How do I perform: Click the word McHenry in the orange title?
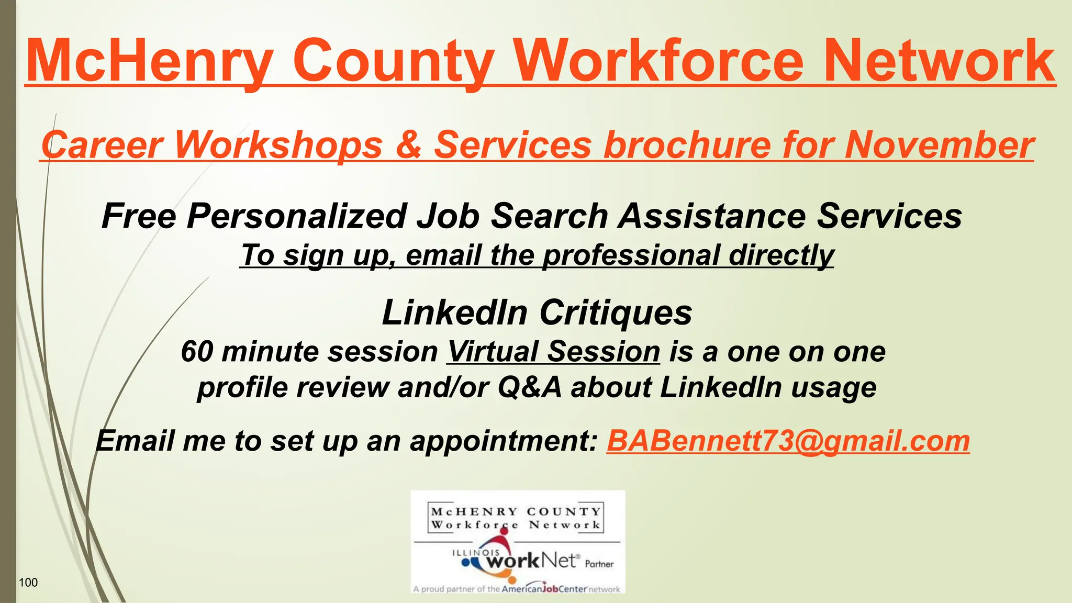(149, 62)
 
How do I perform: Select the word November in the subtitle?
(940, 145)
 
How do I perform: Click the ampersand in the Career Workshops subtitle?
(408, 145)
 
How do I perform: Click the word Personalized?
(297, 216)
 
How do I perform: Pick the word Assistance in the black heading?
(712, 216)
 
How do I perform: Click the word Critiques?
(616, 313)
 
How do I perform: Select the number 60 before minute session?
(197, 351)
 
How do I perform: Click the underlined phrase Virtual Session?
(553, 351)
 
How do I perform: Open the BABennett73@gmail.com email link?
(788, 441)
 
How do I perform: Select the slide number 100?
(28, 583)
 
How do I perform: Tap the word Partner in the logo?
(599, 564)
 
